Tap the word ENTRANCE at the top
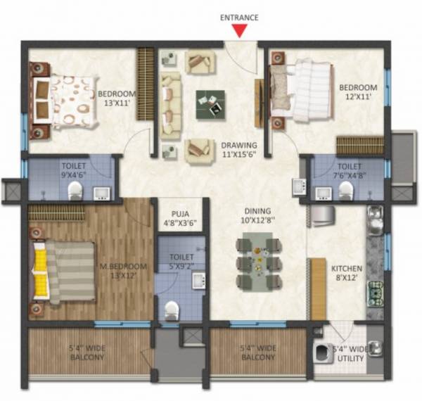(240, 17)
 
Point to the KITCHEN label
(347, 268)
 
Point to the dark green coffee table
(211, 105)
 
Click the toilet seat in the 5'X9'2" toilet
(171, 310)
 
